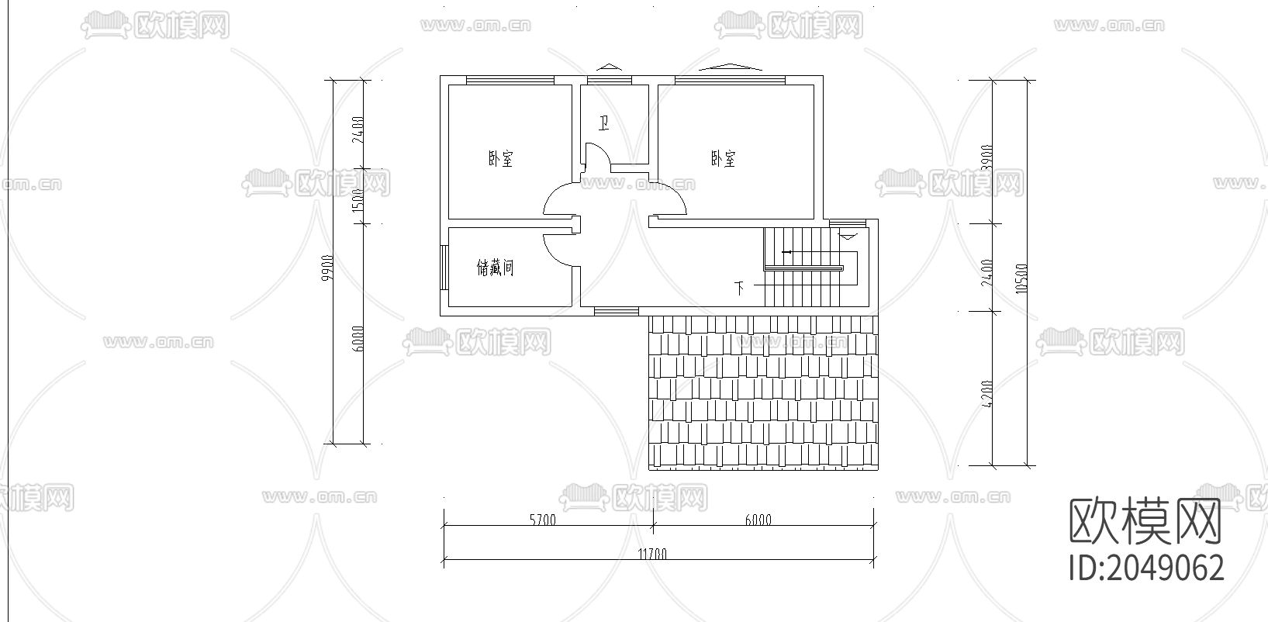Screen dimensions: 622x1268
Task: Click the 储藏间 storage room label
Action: point(495,268)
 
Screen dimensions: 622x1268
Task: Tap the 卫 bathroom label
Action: point(603,123)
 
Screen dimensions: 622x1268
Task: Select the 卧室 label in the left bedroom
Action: point(500,160)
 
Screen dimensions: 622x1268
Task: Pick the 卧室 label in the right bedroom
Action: point(723,159)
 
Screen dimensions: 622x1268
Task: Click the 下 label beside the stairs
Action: point(740,289)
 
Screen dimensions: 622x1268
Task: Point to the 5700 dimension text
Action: point(543,520)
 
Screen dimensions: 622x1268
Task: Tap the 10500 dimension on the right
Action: point(1021,278)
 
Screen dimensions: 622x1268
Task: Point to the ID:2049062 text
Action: point(1146,568)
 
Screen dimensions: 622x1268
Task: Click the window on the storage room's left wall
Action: point(443,268)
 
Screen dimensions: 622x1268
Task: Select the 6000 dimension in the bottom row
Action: point(758,520)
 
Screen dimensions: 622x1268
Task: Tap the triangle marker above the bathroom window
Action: point(609,67)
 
